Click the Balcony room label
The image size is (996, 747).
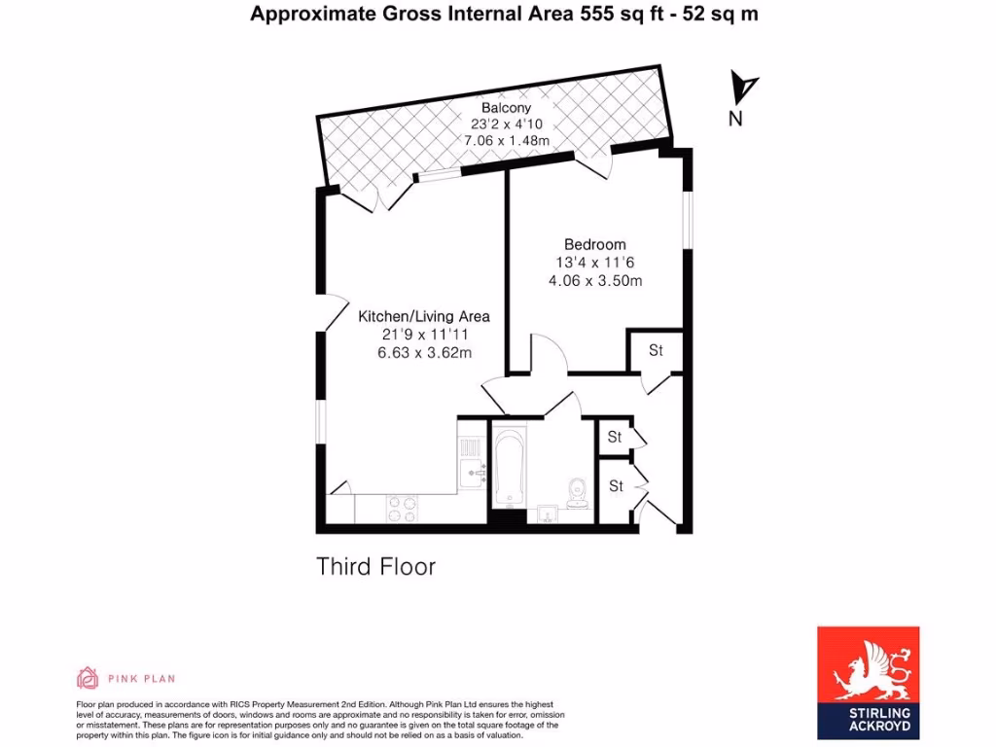[507, 107]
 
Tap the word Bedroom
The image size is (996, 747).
[595, 244]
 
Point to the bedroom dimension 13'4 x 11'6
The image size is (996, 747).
[595, 263]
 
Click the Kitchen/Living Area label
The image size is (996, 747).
[424, 316]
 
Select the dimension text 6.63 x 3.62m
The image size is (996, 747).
[424, 353]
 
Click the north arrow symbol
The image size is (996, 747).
[744, 88]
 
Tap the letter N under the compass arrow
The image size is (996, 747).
[735, 120]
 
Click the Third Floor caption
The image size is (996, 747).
[375, 566]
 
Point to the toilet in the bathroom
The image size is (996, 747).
[578, 491]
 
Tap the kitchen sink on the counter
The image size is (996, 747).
[473, 475]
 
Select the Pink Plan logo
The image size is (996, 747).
[126, 678]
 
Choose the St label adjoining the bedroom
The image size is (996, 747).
[656, 350]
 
